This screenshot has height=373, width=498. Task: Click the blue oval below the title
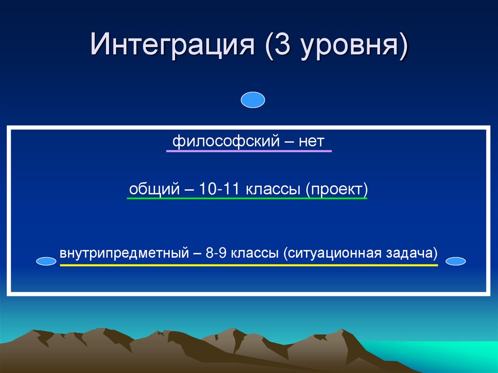pos(253,100)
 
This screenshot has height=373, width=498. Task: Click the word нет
pos(311,142)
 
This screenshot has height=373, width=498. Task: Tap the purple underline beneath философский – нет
pos(249,152)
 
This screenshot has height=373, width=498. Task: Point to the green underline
pos(247,198)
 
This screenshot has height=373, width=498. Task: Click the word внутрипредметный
pos(124,254)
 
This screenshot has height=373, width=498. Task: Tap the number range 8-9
pos(216,254)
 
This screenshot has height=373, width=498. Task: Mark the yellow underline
pos(249,266)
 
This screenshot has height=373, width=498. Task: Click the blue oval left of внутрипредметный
pos(47,262)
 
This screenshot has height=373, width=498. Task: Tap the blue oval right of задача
pos(456,262)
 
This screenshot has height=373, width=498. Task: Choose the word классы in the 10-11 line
pos(274,189)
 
